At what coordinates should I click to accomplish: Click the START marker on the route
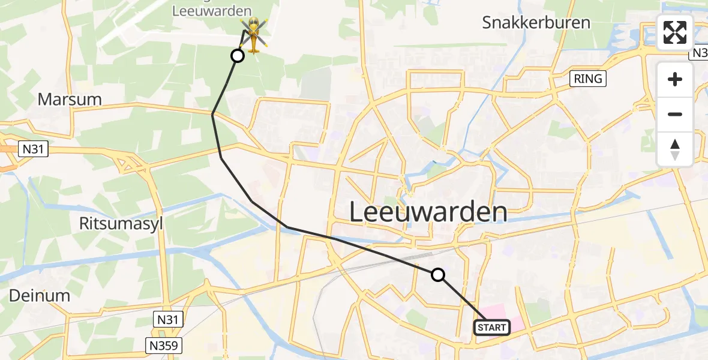coord(492,327)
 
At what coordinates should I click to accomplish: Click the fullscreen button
coord(675,32)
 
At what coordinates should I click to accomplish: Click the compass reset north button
coord(675,149)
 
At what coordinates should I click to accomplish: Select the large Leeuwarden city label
coord(428,212)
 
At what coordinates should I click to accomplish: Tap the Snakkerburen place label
coord(536,23)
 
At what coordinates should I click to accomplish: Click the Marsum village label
coord(70,99)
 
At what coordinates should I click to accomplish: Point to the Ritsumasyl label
coord(121,224)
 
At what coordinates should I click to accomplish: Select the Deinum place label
coord(40,295)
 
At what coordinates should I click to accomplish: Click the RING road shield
coord(587,78)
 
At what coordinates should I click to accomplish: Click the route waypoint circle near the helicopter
coord(238,56)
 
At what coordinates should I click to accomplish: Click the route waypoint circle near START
coord(438,275)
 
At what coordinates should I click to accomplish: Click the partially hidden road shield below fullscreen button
coord(699,53)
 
